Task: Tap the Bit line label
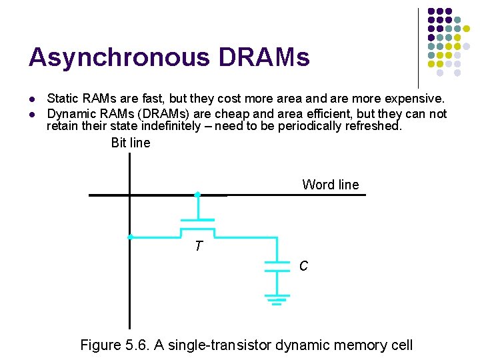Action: point(131,143)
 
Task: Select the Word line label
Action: point(330,185)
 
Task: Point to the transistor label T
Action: point(198,247)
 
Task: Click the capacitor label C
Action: point(303,266)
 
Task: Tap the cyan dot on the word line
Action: point(197,195)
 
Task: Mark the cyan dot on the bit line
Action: point(131,237)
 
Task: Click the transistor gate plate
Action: point(197,220)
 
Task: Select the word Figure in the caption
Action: point(100,345)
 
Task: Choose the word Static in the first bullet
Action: point(63,99)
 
